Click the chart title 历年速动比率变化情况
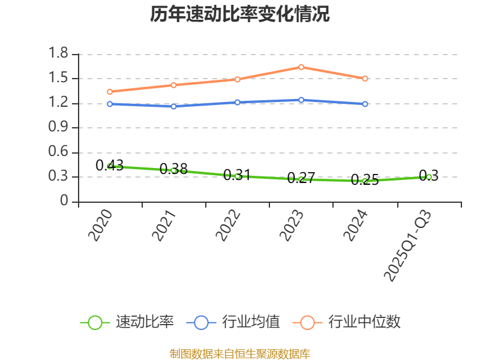pos(240,14)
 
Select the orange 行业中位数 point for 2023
pos(301,67)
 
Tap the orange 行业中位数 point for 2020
pos(110,92)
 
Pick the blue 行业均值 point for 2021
pos(174,107)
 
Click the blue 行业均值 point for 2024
pos(365,104)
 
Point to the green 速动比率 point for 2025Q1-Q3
pos(429,177)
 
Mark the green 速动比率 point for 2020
pos(110,166)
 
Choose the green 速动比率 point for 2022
pos(238,176)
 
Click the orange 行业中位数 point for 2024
pos(365,79)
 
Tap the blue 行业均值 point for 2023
pos(301,100)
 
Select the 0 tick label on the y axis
pos(65,202)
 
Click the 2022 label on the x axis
pos(229,226)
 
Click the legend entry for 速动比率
pos(128,322)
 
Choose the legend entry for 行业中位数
pos(347,322)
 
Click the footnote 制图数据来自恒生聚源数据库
pos(240,353)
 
